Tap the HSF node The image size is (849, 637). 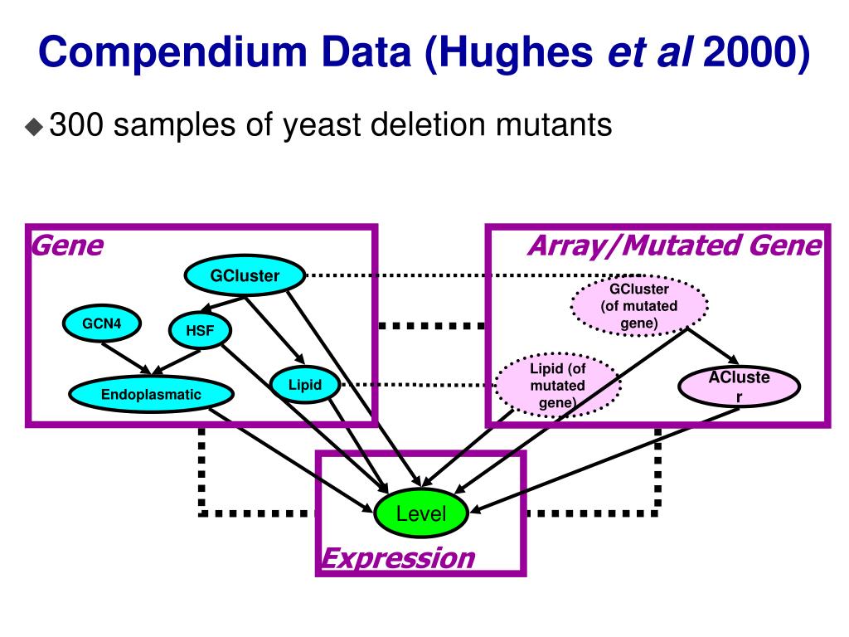pos(199,332)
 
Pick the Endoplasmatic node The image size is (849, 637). pos(151,395)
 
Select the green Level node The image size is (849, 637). pos(421,514)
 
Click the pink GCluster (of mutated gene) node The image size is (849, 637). pos(639,306)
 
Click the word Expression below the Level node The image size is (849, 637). pos(398,557)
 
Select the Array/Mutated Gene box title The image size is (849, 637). pos(673,246)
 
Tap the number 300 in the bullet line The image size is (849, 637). pos(76,126)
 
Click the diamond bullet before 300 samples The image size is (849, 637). pos(34,127)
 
